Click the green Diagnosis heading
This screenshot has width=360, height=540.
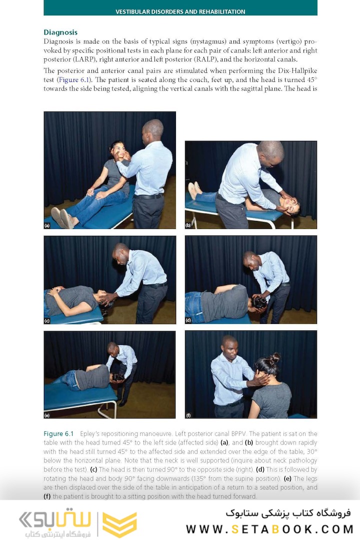[60, 32]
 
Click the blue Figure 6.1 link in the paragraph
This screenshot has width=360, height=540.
[74, 80]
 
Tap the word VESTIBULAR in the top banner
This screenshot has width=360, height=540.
[132, 11]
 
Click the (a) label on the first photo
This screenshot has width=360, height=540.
[47, 225]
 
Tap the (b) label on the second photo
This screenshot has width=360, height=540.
[188, 225]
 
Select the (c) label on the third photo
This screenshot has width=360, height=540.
[47, 320]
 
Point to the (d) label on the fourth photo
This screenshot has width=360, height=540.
[188, 320]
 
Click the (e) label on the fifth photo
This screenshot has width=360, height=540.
[47, 415]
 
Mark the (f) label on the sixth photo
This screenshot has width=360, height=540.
[188, 415]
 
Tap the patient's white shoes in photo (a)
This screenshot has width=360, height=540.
[62, 217]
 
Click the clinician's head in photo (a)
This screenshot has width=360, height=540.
[153, 128]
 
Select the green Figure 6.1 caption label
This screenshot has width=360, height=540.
[58, 434]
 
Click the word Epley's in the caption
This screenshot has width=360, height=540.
[89, 434]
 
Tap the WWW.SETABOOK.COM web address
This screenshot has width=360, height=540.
[270, 529]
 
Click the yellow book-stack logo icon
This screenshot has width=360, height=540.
[120, 524]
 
